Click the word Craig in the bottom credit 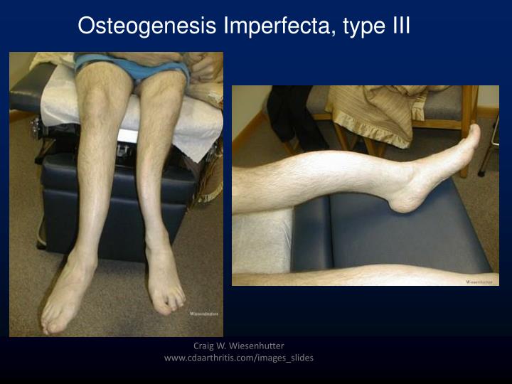pyautogui.click(x=205, y=346)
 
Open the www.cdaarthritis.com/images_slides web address pyautogui.click(x=239, y=358)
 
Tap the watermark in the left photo pyautogui.click(x=203, y=314)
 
